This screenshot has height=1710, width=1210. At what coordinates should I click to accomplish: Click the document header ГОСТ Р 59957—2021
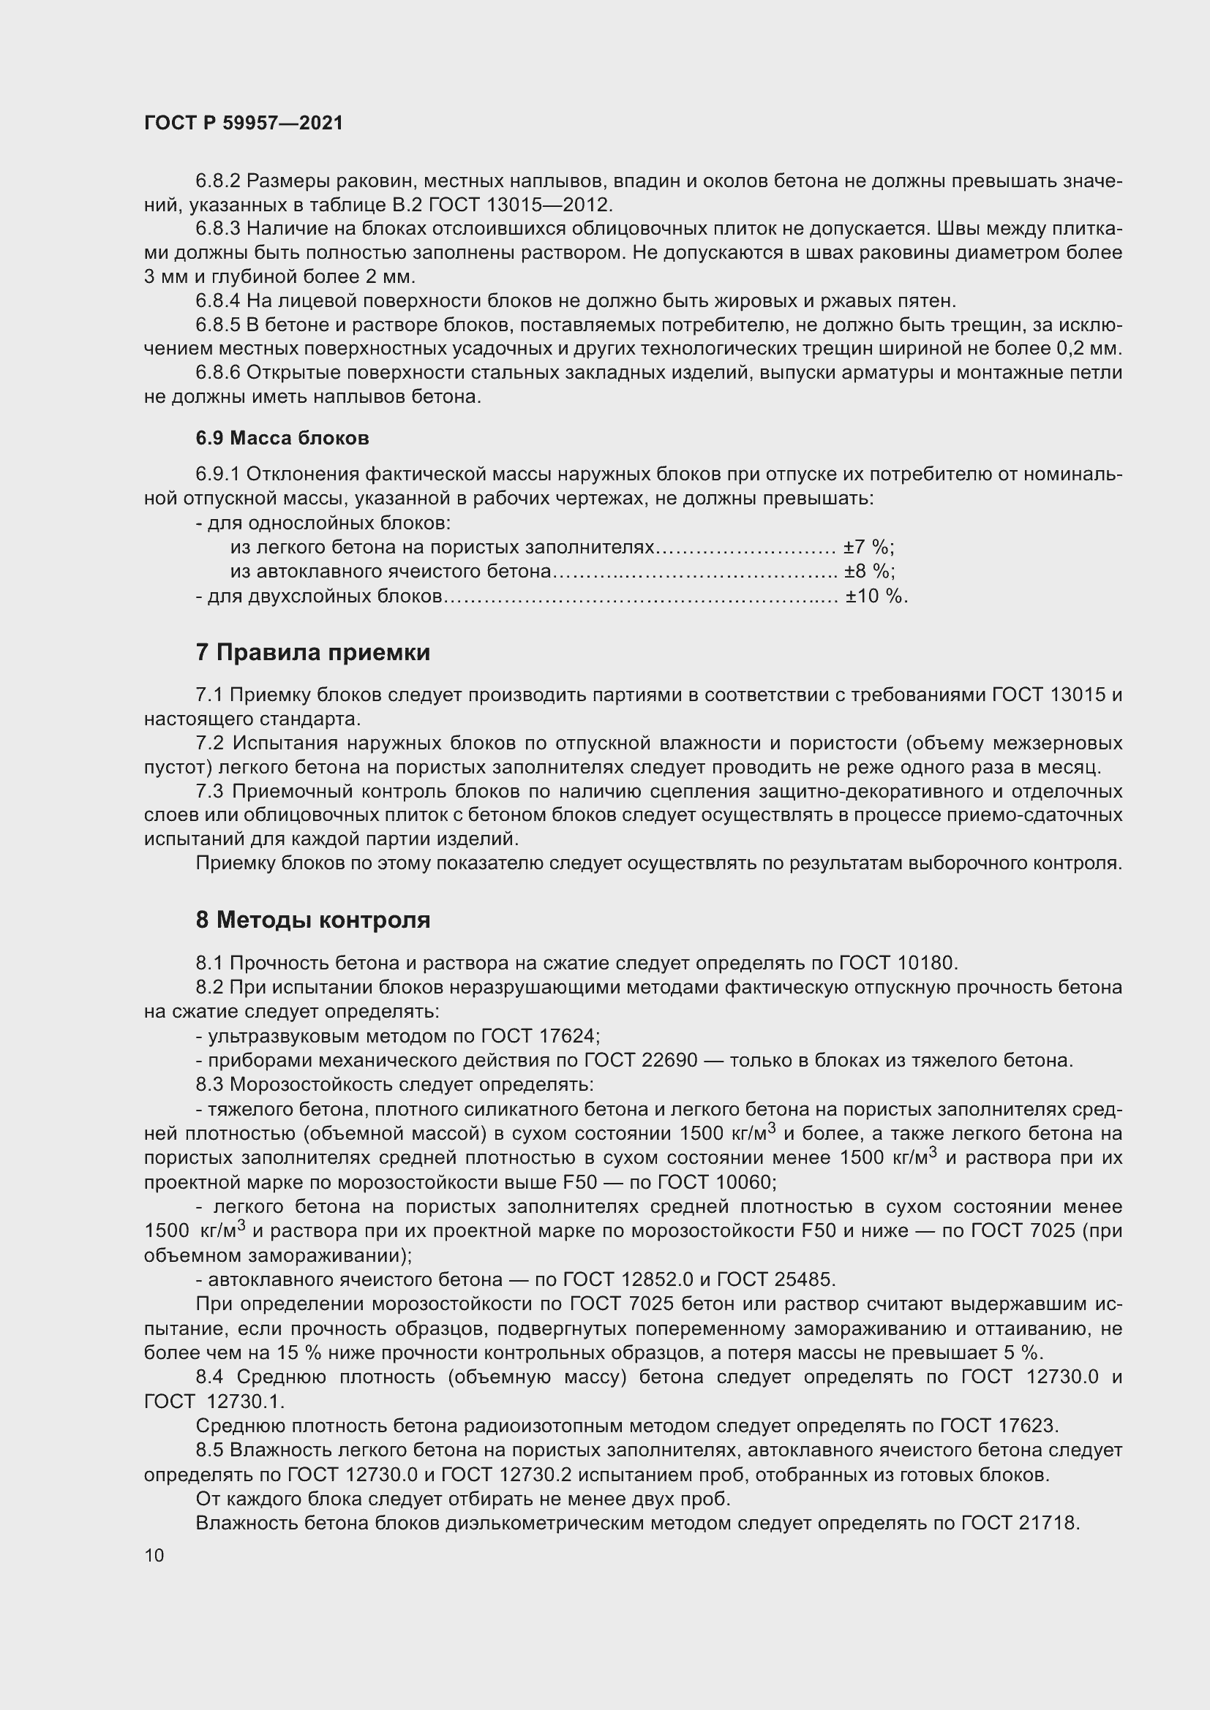click(x=244, y=123)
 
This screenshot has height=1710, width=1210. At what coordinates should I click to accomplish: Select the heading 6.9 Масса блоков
click(x=282, y=438)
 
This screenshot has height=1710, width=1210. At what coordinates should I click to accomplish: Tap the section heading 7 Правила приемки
click(x=313, y=652)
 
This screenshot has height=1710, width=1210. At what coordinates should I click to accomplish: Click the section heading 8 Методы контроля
click(x=313, y=920)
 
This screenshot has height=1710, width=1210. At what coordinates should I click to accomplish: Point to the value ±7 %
click(x=868, y=548)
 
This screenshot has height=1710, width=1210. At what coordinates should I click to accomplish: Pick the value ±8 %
click(x=869, y=571)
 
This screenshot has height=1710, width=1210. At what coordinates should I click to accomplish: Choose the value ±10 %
click(x=876, y=596)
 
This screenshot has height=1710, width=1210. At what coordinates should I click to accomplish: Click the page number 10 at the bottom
click(x=154, y=1555)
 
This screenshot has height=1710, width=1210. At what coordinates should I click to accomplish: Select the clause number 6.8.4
click(x=218, y=301)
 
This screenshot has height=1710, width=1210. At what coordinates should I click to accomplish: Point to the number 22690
click(x=670, y=1061)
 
